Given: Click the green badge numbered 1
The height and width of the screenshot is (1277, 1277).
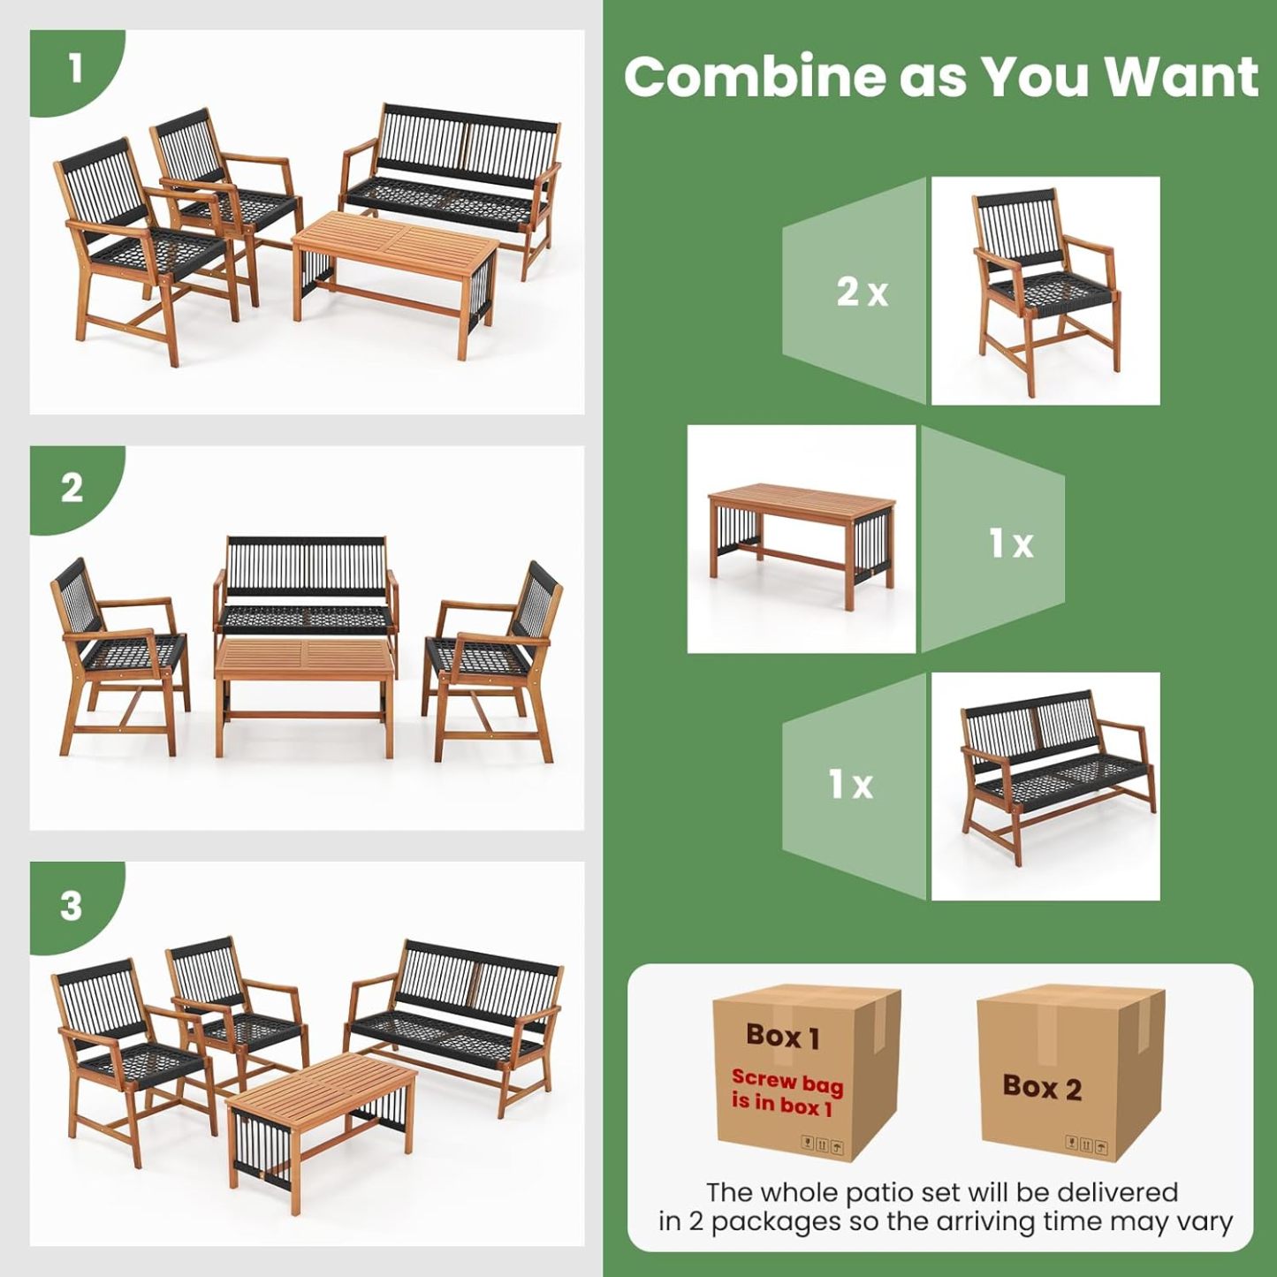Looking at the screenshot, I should click(74, 69).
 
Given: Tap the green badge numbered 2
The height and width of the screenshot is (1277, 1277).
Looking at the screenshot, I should click(72, 487).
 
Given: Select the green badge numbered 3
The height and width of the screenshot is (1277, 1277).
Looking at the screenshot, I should click(72, 905).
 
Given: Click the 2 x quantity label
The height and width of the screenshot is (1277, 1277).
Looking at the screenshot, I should click(862, 292).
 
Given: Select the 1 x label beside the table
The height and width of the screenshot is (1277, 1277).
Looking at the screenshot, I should click(1010, 543).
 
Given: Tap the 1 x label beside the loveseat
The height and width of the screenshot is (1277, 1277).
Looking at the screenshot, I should click(850, 784).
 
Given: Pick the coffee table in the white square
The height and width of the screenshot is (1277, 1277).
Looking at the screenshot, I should click(802, 539).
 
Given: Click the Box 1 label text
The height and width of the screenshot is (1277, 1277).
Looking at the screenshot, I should click(783, 1036).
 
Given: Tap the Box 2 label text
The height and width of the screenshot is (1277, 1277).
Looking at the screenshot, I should click(1042, 1087).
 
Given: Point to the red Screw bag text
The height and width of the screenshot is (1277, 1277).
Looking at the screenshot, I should click(787, 1091).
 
